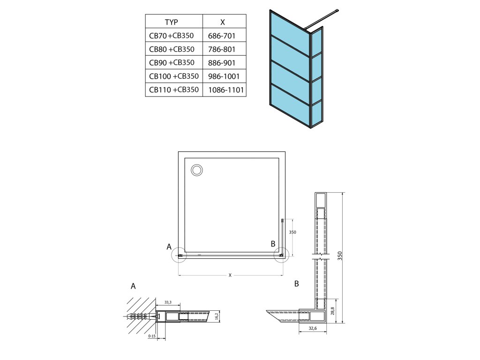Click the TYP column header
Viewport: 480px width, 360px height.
(171, 22)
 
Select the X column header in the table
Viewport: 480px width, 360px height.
(223, 22)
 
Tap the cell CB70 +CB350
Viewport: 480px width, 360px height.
(171, 35)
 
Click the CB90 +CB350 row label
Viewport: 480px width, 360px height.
(172, 62)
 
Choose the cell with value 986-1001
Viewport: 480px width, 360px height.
(223, 76)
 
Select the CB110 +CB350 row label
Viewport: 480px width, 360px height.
(174, 90)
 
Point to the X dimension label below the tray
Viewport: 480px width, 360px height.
(230, 275)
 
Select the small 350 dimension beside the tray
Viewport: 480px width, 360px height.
(292, 232)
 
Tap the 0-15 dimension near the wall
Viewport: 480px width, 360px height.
(151, 336)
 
